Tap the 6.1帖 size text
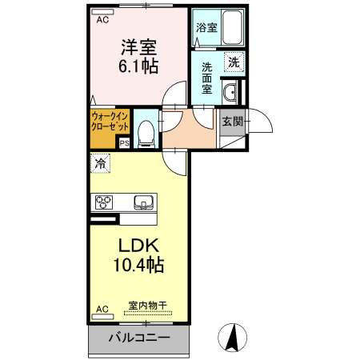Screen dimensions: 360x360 tap(138, 67)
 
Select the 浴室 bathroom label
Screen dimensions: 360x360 tap(206, 28)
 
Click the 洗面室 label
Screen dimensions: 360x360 tap(206, 78)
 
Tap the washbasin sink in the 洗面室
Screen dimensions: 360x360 tap(231, 92)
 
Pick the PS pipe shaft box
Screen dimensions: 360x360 tap(124, 144)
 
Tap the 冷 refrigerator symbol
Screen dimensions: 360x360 tap(101, 164)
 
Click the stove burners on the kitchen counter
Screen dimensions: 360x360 tap(105, 202)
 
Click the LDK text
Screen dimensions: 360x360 tap(141, 246)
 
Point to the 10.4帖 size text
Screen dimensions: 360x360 tap(141, 265)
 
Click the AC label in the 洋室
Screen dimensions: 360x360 tap(102, 21)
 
